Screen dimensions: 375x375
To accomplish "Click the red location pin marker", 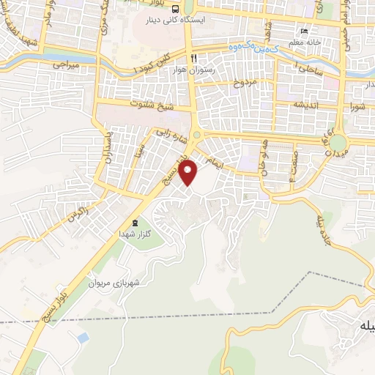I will pos(189,173).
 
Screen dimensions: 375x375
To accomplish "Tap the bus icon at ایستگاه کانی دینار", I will pos(176,9).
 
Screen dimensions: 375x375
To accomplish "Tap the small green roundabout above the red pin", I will pos(196,135).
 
